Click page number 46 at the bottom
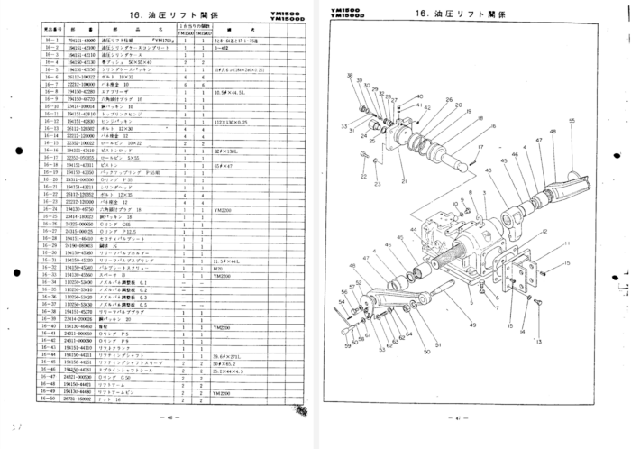(169, 417)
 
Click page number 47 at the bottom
(458, 417)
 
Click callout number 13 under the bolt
(539, 344)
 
